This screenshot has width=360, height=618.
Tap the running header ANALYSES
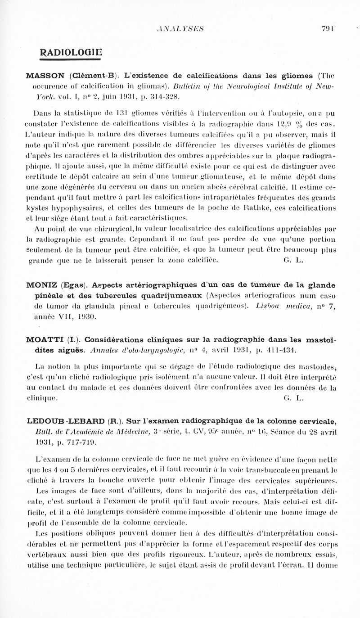[180, 29]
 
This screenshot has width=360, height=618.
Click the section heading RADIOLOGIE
[71, 52]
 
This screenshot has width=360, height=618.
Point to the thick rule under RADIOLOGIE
[70, 59]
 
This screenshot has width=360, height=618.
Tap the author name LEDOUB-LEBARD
[66, 422]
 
